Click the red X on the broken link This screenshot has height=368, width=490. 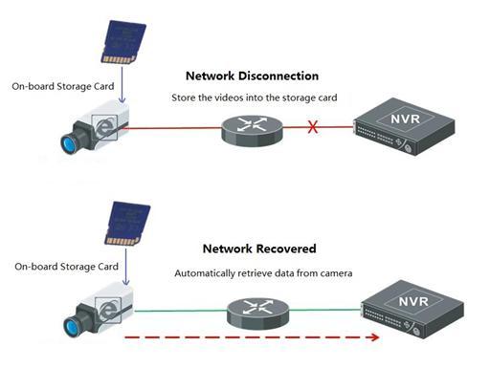point(313,127)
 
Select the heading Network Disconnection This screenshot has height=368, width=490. point(252,76)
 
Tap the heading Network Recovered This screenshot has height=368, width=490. point(259,249)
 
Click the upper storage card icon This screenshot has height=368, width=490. point(123,42)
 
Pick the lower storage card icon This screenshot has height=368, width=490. point(127,224)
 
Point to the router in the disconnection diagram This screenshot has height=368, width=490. point(252,131)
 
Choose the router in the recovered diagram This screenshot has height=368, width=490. point(257,314)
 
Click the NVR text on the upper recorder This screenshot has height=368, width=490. point(405,119)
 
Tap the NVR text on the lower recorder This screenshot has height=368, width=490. point(413,301)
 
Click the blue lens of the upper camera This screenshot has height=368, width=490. point(69,144)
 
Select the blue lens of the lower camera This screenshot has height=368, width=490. point(72,327)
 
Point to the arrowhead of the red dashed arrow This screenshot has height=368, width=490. point(375,337)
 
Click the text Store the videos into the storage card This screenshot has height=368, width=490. point(255,97)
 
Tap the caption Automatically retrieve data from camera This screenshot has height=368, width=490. point(263,273)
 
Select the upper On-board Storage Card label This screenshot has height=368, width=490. point(63,86)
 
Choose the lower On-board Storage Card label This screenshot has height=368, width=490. point(66,267)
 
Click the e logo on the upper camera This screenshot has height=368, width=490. point(104,128)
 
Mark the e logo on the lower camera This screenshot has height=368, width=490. point(108,310)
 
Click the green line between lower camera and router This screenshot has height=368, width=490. point(181,311)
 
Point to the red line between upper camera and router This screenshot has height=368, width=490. point(172,128)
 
